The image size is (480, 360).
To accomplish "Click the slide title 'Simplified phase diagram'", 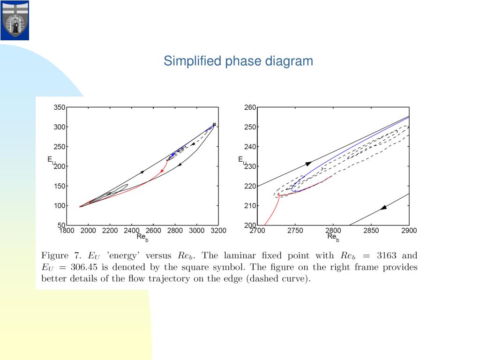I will (238, 61).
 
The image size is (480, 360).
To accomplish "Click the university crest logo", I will (15, 20).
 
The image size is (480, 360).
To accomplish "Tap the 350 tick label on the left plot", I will (60, 107).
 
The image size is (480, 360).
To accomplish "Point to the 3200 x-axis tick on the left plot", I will (218, 230).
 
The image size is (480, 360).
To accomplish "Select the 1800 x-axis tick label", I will (67, 230).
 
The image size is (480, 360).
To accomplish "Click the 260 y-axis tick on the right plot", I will (250, 107).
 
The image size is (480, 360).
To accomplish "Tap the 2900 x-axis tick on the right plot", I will (409, 230).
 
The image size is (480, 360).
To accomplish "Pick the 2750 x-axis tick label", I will (295, 230).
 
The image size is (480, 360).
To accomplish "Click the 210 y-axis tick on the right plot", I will (250, 206).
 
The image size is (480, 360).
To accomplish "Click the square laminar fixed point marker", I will (214, 124).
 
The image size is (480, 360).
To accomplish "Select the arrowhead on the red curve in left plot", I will (162, 171).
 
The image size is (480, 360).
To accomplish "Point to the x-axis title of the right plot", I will (333, 237).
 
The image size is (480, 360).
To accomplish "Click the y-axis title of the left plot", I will (51, 160).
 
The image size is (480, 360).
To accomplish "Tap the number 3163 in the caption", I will (387, 256).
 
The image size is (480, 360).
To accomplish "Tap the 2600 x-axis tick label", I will (153, 230).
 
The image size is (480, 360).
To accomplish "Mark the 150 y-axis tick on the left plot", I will (60, 186).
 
